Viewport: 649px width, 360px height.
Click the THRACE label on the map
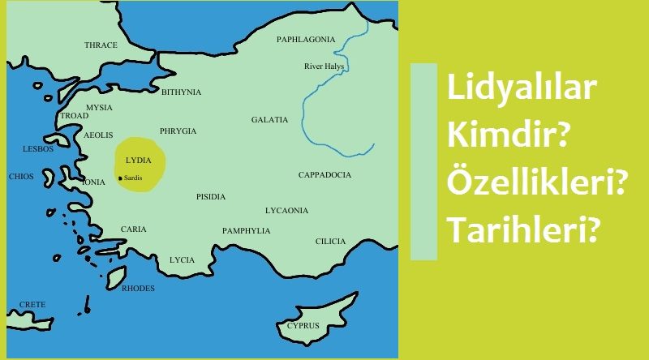coord(101,45)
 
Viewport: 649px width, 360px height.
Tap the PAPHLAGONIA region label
coord(305,39)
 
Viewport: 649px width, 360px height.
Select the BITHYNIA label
coord(181,92)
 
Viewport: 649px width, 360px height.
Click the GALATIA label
coord(269,120)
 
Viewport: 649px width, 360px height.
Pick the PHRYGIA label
coord(178,131)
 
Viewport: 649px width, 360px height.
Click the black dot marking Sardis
coord(120,178)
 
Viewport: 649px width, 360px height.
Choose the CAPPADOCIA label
coord(324,175)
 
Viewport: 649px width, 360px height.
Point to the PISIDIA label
coord(211,197)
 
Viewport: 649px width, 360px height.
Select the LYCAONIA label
coord(286,211)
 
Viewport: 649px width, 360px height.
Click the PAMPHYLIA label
coord(246,231)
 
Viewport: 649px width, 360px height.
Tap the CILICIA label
coord(330,242)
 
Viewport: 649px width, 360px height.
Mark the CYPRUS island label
coord(303,326)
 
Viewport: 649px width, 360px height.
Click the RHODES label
coord(137,288)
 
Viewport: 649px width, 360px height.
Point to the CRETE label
coord(32,305)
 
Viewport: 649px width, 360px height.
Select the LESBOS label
coord(38,149)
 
